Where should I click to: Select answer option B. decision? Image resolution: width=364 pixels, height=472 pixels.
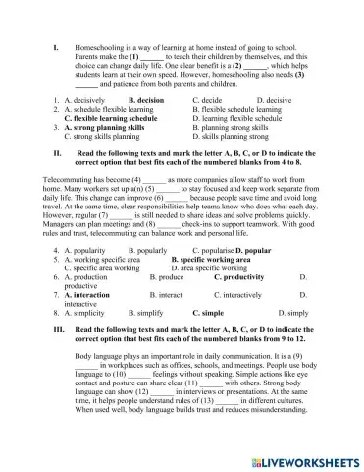click(x=146, y=100)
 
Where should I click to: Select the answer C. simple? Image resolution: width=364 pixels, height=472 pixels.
click(x=207, y=312)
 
